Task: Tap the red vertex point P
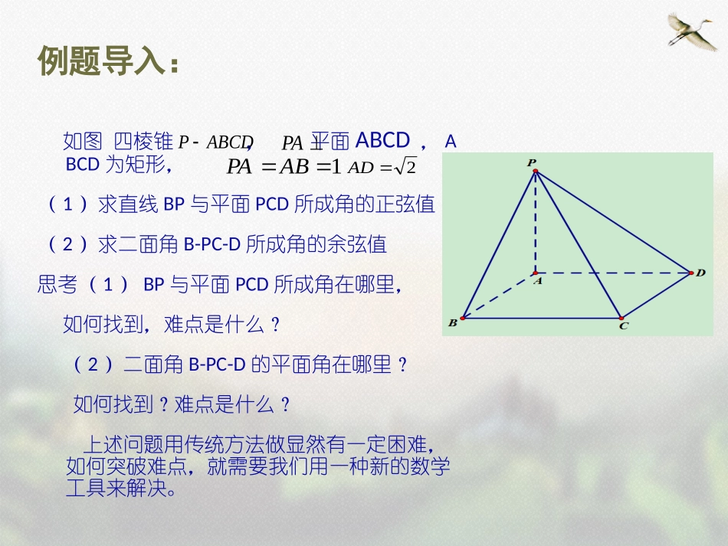tap(535, 172)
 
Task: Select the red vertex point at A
tap(535, 272)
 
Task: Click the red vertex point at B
tap(462, 317)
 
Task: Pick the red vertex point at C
tap(621, 318)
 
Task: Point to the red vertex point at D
tap(690, 273)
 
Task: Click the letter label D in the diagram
tap(700, 273)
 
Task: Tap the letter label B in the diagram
tap(452, 323)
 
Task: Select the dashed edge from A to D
tap(613, 272)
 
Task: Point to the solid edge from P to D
tap(613, 222)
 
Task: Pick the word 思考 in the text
tap(57, 285)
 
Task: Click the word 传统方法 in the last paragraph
tap(213, 445)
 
